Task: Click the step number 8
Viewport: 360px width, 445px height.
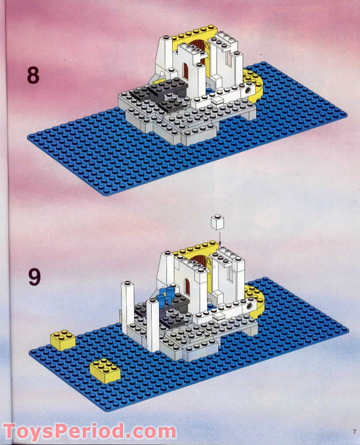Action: click(33, 75)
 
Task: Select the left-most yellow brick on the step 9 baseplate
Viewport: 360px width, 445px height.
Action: click(62, 340)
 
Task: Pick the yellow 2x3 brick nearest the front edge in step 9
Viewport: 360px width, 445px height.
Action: click(105, 371)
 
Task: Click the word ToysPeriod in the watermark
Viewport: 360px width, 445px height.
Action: click(65, 432)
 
